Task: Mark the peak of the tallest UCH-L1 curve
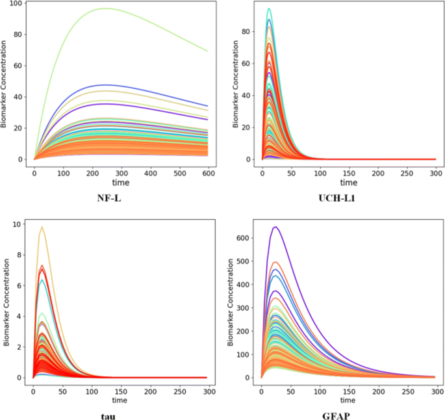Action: (x=269, y=8)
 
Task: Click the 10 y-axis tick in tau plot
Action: (x=18, y=224)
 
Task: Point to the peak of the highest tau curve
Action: (x=42, y=227)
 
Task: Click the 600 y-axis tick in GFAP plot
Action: (x=244, y=237)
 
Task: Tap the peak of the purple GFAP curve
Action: (x=275, y=227)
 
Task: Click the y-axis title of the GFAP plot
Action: (x=232, y=302)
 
